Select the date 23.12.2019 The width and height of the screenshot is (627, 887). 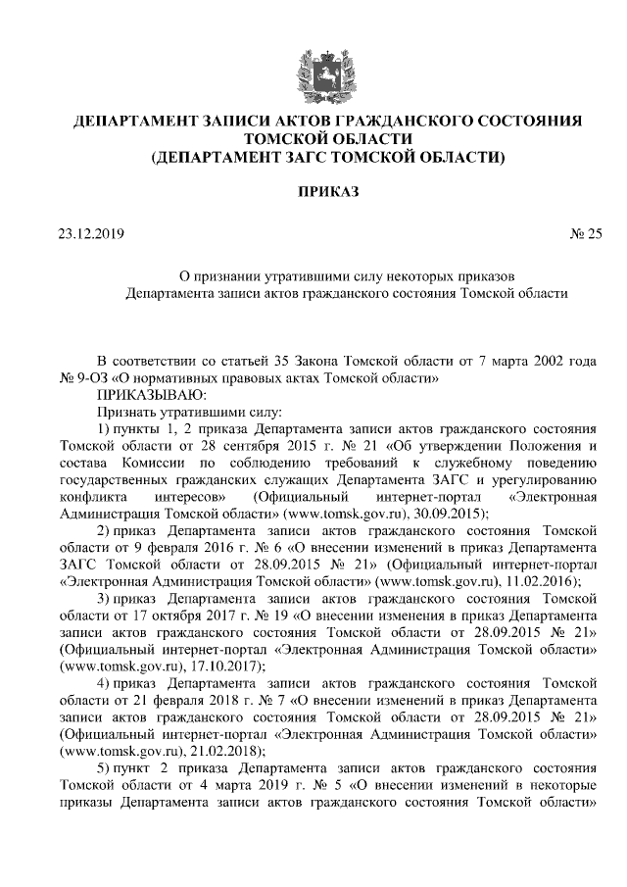point(91,233)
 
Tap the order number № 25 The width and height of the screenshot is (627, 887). point(585,233)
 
